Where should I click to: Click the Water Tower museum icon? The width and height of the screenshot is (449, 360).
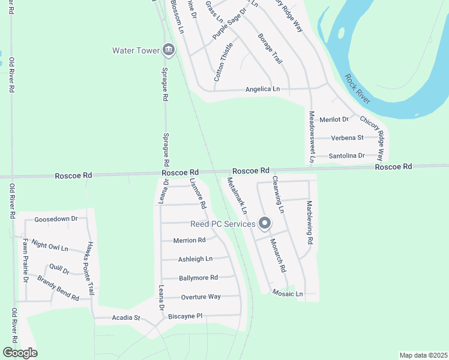click(169, 50)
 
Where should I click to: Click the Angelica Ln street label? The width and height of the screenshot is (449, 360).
click(262, 89)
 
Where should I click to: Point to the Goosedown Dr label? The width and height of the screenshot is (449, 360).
click(56, 219)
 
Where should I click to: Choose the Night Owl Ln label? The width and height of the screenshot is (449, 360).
click(50, 246)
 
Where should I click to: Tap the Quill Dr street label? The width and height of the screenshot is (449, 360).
click(60, 270)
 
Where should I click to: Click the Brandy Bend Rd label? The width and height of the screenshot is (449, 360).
click(58, 288)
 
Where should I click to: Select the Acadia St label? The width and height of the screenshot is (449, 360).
click(125, 317)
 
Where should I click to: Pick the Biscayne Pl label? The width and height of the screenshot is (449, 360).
click(185, 316)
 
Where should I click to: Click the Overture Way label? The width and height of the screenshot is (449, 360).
click(201, 296)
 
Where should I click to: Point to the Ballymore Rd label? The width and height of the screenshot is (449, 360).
click(198, 278)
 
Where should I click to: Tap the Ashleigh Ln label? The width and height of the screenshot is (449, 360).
click(195, 259)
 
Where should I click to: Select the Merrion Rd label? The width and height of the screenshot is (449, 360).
click(189, 240)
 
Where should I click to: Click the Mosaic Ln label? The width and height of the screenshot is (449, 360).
click(288, 293)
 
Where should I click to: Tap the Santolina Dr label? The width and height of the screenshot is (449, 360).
click(347, 155)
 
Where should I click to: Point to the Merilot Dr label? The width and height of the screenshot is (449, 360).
click(334, 119)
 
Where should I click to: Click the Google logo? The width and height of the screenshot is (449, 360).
click(20, 353)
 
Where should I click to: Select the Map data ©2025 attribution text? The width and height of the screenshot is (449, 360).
click(423, 355)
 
